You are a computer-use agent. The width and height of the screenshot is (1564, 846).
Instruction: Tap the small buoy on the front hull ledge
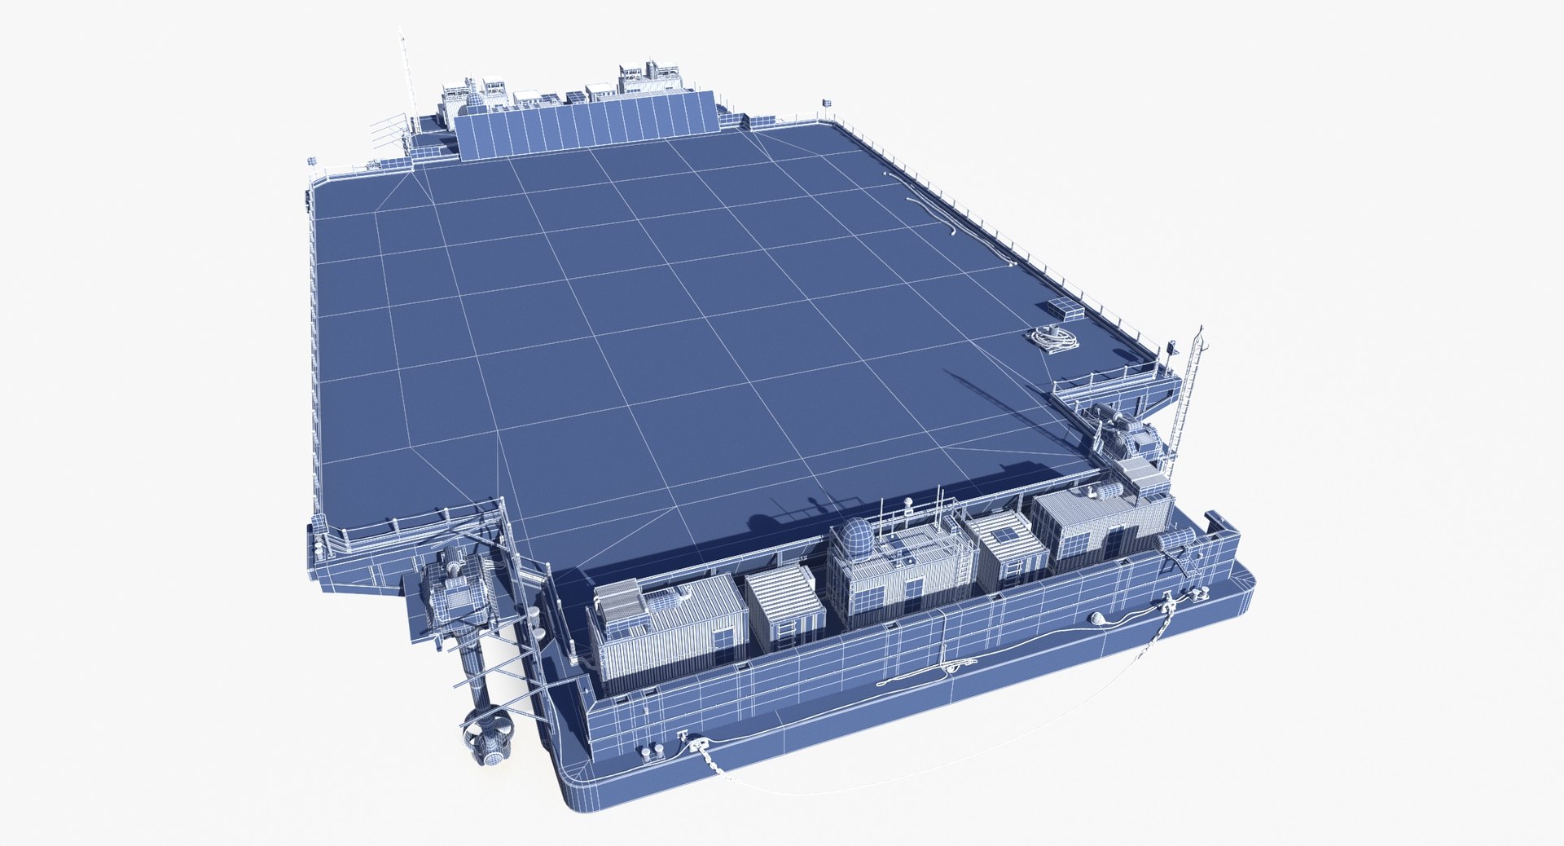(x=1097, y=621)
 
